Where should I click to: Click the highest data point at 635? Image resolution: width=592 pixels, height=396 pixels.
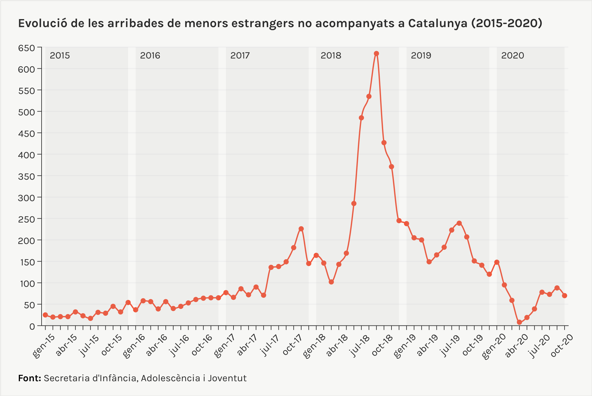tap(376, 54)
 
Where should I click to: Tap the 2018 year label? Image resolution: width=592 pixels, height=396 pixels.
tap(331, 55)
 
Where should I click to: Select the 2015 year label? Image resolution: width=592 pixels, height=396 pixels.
tap(60, 55)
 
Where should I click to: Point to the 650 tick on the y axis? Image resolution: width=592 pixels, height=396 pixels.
tap(27, 48)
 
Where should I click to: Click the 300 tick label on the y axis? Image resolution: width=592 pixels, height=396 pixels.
tap(27, 198)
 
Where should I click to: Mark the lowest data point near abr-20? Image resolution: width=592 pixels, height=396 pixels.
tap(519, 322)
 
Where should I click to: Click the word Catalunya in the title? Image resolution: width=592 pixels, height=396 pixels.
tap(438, 23)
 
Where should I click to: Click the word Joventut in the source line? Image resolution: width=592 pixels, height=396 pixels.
tap(227, 378)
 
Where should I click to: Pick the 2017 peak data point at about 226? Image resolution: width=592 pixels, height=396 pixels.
tap(301, 229)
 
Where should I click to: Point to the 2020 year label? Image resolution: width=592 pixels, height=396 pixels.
tap(512, 55)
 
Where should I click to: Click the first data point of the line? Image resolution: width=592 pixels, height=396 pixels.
tap(45, 315)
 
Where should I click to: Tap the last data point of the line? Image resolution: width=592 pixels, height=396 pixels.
tap(564, 296)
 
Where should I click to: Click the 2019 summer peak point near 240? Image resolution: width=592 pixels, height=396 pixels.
tap(459, 223)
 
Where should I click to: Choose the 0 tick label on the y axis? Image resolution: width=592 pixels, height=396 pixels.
tap(32, 326)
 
